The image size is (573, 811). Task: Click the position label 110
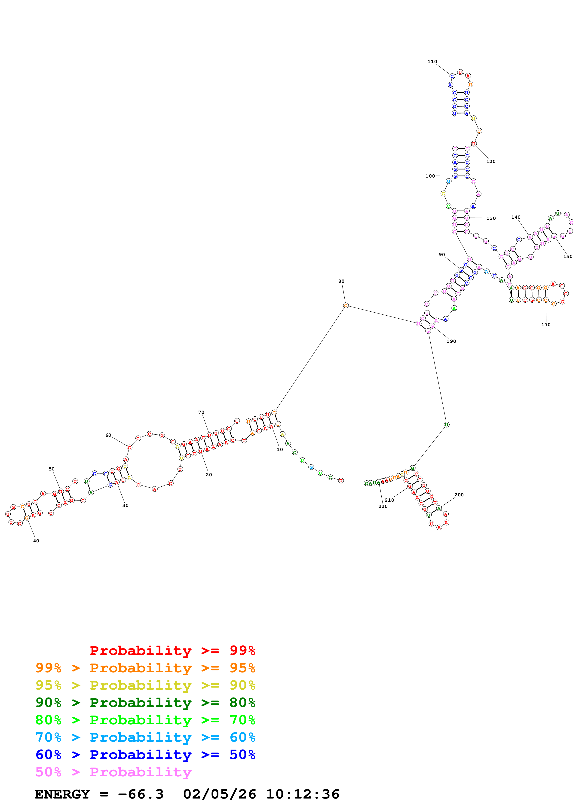click(432, 61)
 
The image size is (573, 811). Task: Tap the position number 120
click(491, 161)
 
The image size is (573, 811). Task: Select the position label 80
click(341, 281)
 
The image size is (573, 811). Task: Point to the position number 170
click(546, 325)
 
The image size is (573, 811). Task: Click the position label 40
click(36, 541)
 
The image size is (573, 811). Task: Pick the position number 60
click(108, 435)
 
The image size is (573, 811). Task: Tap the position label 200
click(459, 495)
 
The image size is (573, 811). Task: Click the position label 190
click(451, 341)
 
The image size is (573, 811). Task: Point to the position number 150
click(567, 256)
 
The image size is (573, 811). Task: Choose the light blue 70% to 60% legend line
click(145, 737)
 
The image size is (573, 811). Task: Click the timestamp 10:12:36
click(303, 794)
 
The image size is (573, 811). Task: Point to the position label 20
click(209, 475)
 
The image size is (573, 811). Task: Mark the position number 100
click(430, 176)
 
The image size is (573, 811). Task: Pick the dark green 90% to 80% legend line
click(145, 703)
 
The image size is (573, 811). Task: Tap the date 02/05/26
click(219, 794)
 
